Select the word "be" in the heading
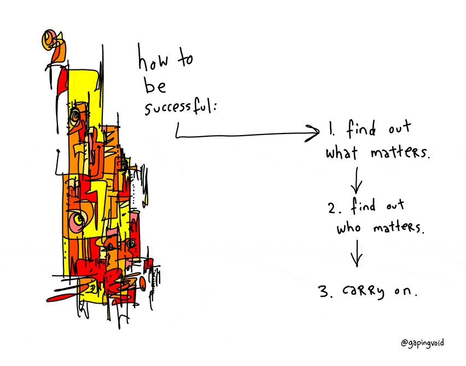[155, 85]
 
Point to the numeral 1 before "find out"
[331, 128]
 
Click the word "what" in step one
[341, 153]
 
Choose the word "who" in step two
[348, 228]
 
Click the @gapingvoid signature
[422, 343]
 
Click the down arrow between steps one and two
[356, 180]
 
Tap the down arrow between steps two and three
[357, 253]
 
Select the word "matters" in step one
[400, 152]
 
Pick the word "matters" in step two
[398, 228]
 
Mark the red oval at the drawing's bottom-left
[61, 297]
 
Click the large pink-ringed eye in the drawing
[78, 220]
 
